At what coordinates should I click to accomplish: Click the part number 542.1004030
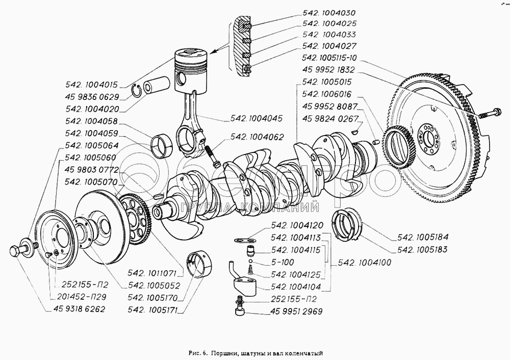coord(329,13)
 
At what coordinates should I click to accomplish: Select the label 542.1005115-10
coord(329,58)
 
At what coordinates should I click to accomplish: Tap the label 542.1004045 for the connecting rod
coord(257,118)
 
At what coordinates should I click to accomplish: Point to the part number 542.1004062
coord(257,137)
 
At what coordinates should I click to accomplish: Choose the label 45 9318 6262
coord(80,309)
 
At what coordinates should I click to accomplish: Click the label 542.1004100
coord(364,263)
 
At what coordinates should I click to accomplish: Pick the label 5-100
coord(283,262)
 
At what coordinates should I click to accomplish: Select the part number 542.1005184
coord(422,238)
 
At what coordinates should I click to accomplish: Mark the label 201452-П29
coord(81,297)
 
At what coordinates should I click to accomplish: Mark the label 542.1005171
coord(153,311)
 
